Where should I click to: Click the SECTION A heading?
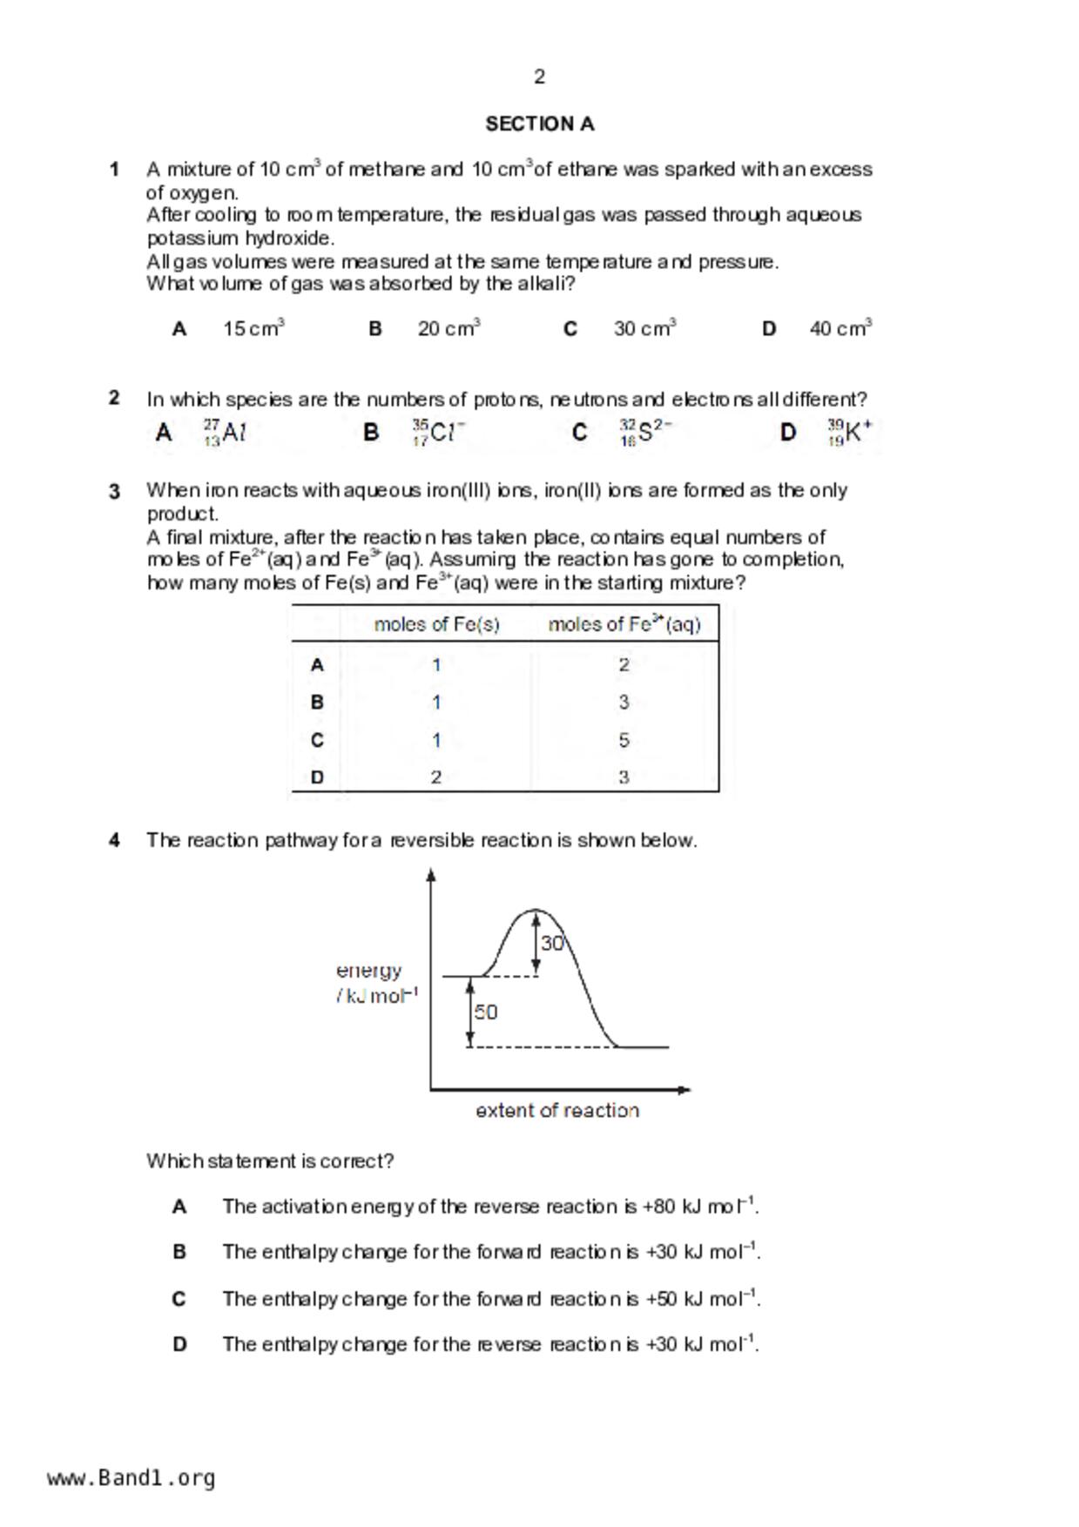point(539,124)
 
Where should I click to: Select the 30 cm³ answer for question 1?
point(644,329)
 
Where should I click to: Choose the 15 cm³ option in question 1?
point(253,329)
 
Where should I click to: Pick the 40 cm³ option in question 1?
point(840,329)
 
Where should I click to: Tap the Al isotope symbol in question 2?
point(225,433)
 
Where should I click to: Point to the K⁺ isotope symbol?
point(849,432)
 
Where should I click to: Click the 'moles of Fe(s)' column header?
point(436,624)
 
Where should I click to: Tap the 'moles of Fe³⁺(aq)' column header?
point(624,624)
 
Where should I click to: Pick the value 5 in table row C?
point(624,740)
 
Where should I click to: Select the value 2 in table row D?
point(436,777)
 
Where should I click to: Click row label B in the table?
point(317,703)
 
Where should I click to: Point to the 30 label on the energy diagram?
point(552,944)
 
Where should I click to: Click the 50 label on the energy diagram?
point(486,1012)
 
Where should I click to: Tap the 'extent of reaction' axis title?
point(557,1111)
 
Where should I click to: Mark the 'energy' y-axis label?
point(369,971)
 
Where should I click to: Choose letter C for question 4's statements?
point(179,1299)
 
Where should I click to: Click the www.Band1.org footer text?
point(132,1478)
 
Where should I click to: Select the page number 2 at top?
point(539,77)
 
